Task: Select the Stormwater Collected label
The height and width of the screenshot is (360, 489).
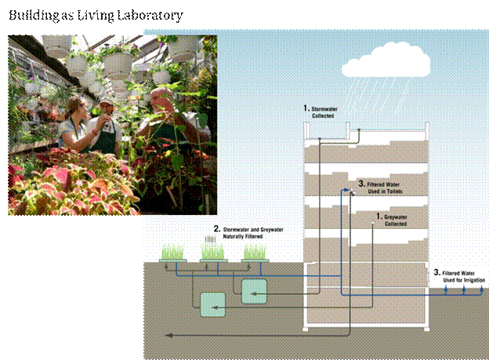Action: coord(322,111)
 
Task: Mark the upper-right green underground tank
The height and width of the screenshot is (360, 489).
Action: coord(255,291)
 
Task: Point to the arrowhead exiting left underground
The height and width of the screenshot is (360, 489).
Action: coord(166,335)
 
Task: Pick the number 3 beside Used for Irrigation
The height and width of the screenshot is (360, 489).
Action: coord(436,272)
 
